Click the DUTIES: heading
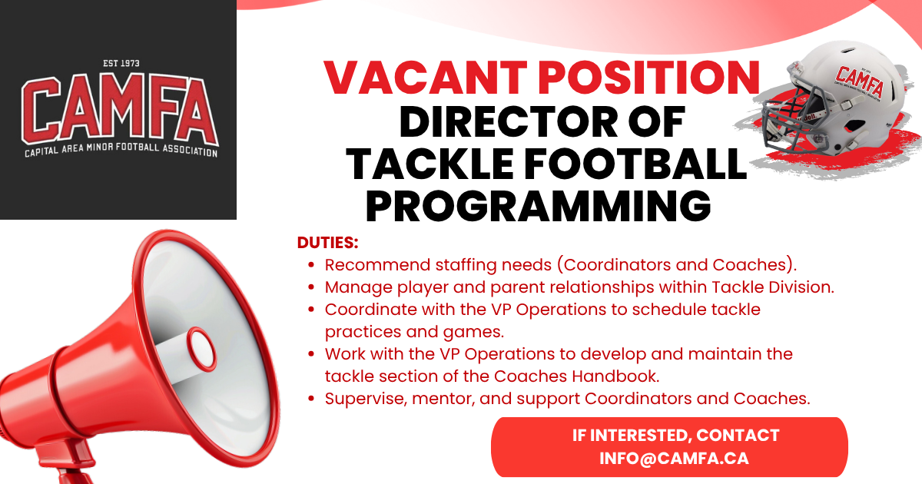[x=328, y=244]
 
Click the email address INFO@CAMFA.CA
[x=675, y=459]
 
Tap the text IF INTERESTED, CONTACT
[x=675, y=436]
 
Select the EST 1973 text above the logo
[x=121, y=64]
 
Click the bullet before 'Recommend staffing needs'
[x=311, y=266]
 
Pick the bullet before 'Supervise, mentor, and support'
[x=311, y=399]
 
